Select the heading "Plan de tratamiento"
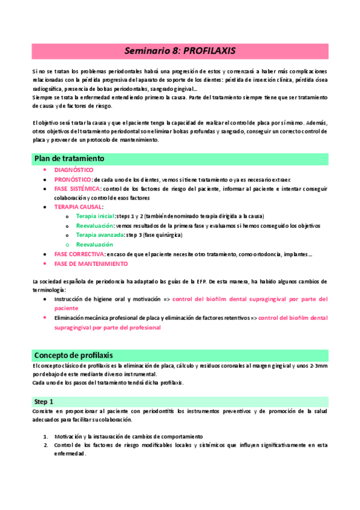pyautogui.click(x=69, y=158)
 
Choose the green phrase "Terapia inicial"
pyautogui.click(x=96, y=216)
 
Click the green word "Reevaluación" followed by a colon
pyautogui.click(x=94, y=226)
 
